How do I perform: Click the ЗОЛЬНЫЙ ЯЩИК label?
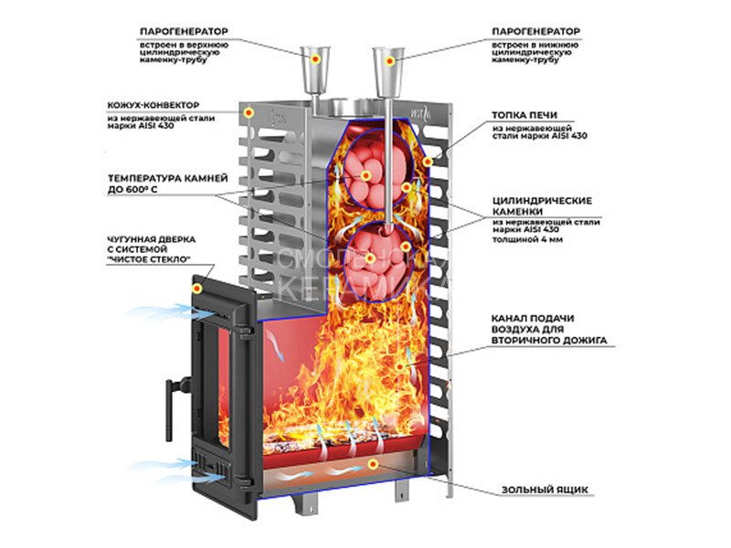[x=535, y=490]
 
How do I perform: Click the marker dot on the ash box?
[x=372, y=466]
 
